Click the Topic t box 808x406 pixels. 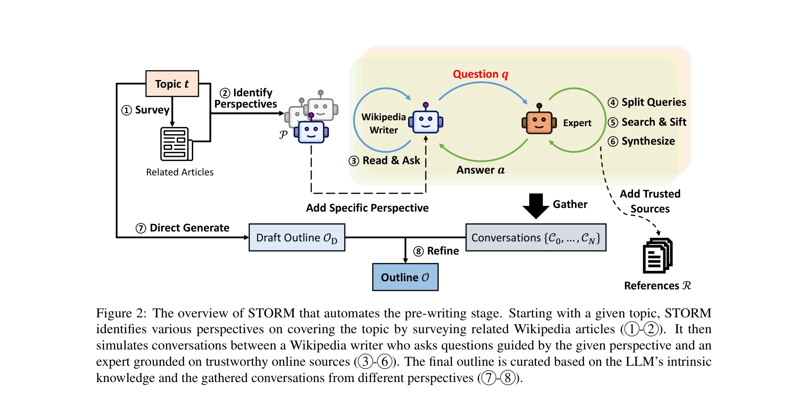click(172, 84)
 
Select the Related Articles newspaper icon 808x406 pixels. click(176, 144)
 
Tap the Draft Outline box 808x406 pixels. click(297, 237)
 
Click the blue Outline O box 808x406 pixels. click(405, 277)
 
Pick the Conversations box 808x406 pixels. click(536, 237)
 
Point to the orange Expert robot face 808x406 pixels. click(539, 121)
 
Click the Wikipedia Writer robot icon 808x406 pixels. click(426, 120)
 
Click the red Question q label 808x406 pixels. click(480, 74)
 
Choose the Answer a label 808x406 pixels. click(480, 170)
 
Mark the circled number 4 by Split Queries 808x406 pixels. click(613, 103)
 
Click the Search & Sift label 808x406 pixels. click(654, 122)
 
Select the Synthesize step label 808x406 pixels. click(648, 141)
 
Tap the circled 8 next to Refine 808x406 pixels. click(418, 251)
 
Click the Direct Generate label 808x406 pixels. click(189, 228)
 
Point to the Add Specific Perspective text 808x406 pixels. click(367, 208)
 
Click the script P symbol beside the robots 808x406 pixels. click(283, 134)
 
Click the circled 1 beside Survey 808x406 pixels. click(127, 110)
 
